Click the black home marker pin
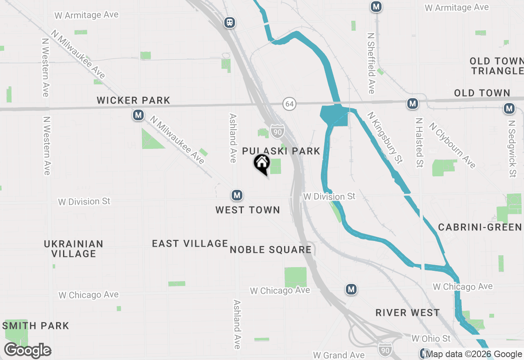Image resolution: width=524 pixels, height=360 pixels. (x=262, y=164)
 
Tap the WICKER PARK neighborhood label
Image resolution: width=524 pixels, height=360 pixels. (x=133, y=100)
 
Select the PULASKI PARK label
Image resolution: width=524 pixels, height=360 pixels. (x=281, y=151)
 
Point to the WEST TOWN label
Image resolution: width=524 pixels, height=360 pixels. (x=248, y=210)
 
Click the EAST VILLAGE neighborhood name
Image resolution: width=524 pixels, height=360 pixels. (x=190, y=243)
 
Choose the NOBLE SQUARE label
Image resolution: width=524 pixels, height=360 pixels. (x=271, y=250)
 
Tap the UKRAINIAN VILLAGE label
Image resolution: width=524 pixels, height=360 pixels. (x=74, y=249)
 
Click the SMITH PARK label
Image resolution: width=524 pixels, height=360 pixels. (x=36, y=326)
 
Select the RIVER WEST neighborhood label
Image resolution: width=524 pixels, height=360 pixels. (x=407, y=313)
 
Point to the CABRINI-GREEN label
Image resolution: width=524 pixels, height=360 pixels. (x=480, y=227)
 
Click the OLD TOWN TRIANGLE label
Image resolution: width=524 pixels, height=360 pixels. (x=497, y=66)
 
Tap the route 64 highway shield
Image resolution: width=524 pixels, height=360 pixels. (x=289, y=104)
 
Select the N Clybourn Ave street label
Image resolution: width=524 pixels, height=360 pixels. (x=452, y=145)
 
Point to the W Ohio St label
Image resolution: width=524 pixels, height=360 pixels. (x=431, y=338)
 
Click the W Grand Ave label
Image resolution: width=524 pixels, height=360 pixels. (x=339, y=355)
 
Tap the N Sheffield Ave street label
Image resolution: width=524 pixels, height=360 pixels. (x=371, y=63)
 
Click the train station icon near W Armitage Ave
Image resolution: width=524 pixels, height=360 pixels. (x=230, y=22)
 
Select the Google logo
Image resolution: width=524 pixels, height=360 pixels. (x=27, y=351)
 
